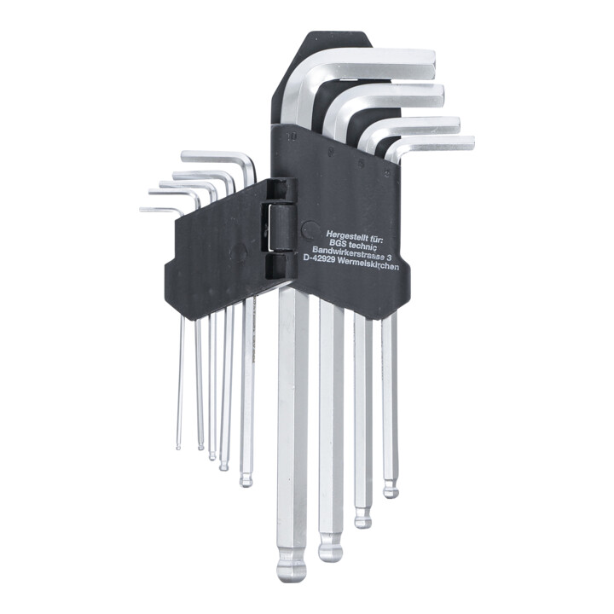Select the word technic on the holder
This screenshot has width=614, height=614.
pos(363,244)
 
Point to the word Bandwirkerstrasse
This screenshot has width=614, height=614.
pos(348,252)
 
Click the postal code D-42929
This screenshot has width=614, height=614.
pos(317,259)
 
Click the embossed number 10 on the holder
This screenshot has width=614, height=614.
pos(291,136)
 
